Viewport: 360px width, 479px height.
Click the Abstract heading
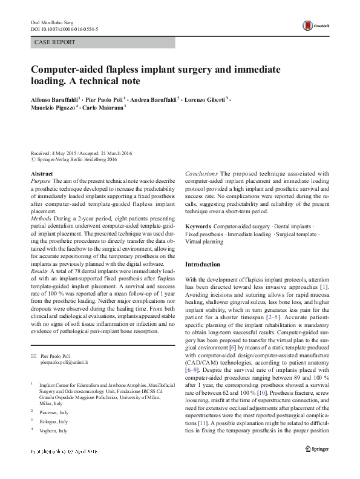(x=41, y=174)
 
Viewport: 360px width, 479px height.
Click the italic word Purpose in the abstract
(x=41, y=181)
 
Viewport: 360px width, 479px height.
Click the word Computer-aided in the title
(x=68, y=70)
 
